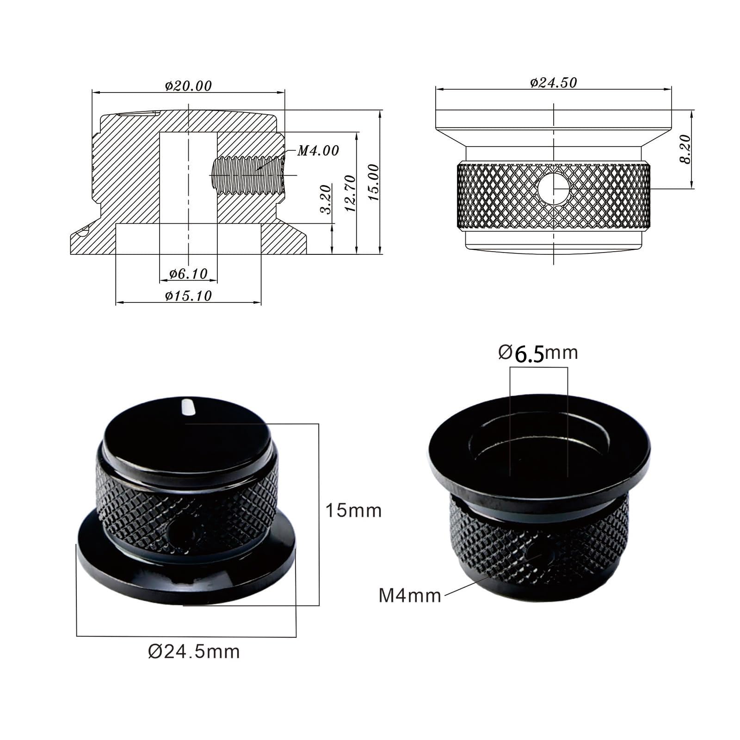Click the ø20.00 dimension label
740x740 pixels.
[188, 86]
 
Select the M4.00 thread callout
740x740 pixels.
[318, 150]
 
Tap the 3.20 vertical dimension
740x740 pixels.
[326, 199]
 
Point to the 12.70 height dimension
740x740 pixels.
[350, 193]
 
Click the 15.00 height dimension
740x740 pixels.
[373, 182]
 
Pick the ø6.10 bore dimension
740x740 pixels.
[188, 274]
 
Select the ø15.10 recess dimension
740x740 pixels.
[188, 296]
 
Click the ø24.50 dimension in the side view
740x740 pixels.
[554, 82]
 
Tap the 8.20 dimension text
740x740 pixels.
[685, 149]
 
